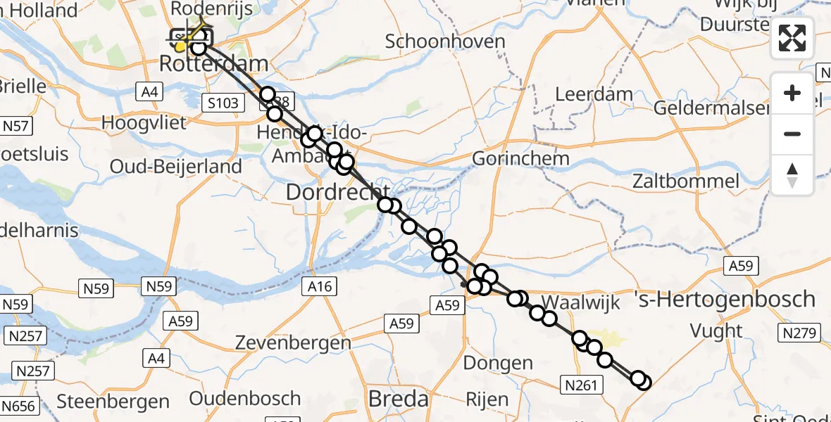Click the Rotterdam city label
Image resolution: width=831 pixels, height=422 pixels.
pos(213,64)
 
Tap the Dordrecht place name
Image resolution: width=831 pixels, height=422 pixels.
pos(337,191)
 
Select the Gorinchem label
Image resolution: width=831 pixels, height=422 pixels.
pos(520,158)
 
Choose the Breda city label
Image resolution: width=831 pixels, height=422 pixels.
pos(398,399)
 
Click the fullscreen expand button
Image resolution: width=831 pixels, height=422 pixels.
pos(792,38)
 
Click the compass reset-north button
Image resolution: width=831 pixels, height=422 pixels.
pos(792,175)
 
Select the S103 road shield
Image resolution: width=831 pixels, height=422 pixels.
pos(223,103)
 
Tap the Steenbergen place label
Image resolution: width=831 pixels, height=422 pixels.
pos(113,402)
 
